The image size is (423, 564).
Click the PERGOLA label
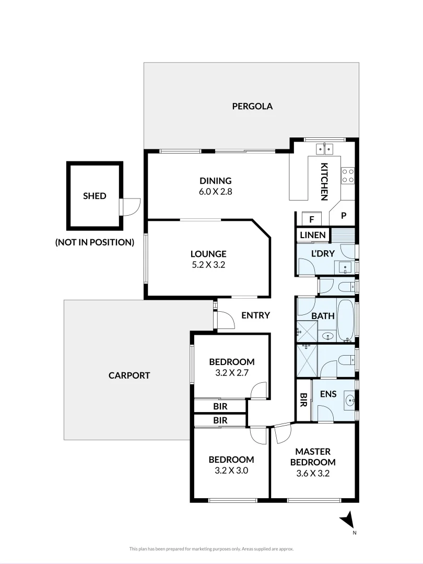pos(252,106)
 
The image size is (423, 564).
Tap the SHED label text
pos(95,196)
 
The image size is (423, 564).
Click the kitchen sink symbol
pos(324,148)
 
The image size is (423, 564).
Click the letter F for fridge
pos(312,219)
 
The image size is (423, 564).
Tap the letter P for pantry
pos(344,216)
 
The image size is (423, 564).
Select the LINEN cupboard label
pos(313,235)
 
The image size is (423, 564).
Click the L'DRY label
pos(323,253)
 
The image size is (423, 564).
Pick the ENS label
pos(328,394)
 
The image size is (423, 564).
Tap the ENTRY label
pos(255,315)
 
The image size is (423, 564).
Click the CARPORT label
pos(129,375)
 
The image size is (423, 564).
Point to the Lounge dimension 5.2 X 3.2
pos(208,265)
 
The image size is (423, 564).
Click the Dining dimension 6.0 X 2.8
pos(216,191)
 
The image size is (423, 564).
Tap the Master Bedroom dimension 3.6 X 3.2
pos(313,473)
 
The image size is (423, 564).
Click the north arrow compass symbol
pos(348,520)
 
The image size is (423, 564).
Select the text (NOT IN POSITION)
pos(95,242)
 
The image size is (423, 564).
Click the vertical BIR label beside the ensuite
pos(303,399)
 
